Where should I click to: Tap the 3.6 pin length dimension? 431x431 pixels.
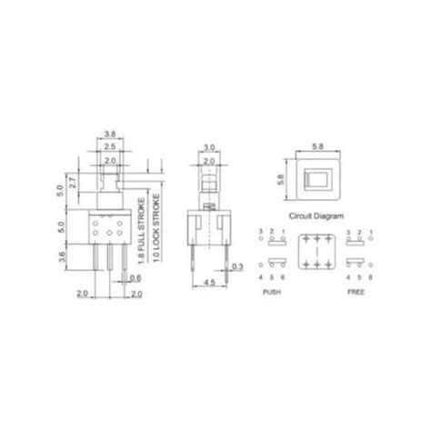pyautogui.click(x=61, y=257)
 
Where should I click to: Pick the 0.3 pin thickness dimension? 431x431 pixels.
pyautogui.click(x=237, y=266)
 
